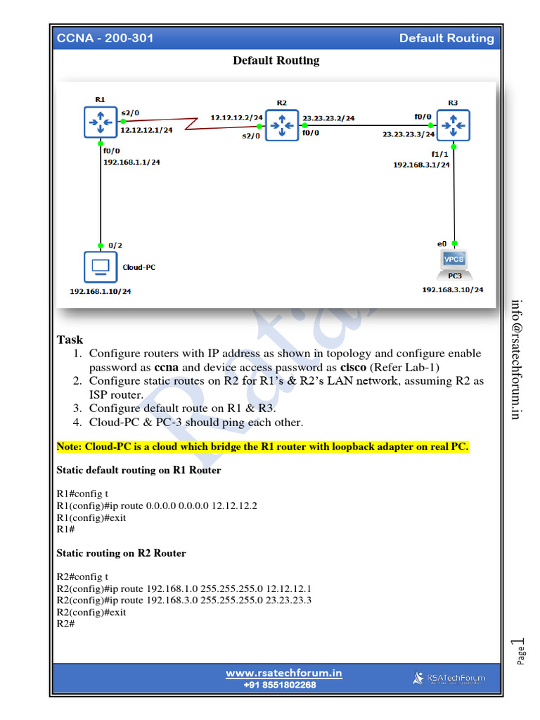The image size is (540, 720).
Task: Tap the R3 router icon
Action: click(x=454, y=125)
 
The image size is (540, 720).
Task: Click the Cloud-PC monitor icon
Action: click(x=101, y=267)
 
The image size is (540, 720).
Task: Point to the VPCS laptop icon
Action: click(x=454, y=262)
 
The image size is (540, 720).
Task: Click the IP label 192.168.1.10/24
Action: click(x=100, y=291)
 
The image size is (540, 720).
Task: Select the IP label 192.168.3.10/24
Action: click(x=453, y=289)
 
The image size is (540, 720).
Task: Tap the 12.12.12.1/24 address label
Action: click(x=147, y=130)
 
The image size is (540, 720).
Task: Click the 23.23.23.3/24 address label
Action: click(x=409, y=134)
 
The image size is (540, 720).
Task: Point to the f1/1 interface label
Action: click(x=439, y=153)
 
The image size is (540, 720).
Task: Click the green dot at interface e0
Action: click(x=454, y=243)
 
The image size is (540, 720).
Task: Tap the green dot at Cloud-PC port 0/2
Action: click(x=101, y=245)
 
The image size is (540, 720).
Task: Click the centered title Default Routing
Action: click(x=276, y=60)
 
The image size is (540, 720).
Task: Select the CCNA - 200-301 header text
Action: click(x=105, y=38)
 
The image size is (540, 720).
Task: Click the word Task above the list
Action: click(x=70, y=340)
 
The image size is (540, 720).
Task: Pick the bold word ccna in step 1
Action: click(x=166, y=367)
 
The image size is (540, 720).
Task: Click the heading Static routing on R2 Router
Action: click(x=121, y=553)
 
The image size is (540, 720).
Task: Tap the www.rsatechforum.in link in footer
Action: click(x=283, y=673)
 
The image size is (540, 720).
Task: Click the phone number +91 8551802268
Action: click(x=280, y=685)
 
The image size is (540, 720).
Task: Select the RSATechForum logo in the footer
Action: click(x=449, y=678)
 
